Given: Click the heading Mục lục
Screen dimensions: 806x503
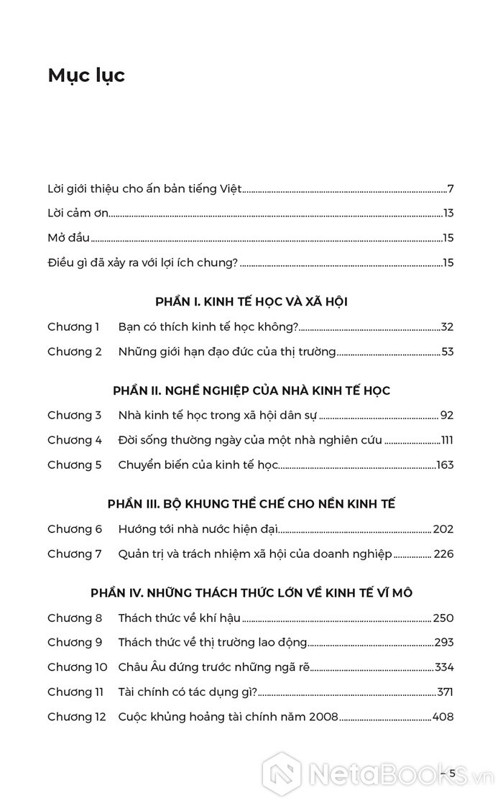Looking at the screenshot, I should pos(86,75).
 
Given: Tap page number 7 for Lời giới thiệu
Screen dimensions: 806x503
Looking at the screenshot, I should pos(451,190).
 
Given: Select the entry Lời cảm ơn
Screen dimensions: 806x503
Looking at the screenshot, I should pos(78,214).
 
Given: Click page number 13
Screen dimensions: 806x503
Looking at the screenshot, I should pos(448,214).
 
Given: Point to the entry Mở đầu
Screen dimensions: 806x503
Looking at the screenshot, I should pos(68,238).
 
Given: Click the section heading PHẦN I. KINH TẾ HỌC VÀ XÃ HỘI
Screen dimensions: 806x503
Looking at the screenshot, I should pos(251,302).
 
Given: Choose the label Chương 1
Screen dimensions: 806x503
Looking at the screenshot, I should pos(74,327).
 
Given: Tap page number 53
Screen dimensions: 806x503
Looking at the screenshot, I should pos(447,352).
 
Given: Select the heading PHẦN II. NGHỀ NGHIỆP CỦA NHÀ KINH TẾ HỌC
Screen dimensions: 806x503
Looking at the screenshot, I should pos(251,390).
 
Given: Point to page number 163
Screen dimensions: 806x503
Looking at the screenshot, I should pos(445,465).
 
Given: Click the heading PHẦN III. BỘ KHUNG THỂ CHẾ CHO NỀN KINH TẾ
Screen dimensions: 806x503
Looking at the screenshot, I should pos(251,504).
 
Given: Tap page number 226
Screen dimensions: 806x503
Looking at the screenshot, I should pos(443,554).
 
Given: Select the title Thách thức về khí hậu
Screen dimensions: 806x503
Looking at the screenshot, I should pos(179,618).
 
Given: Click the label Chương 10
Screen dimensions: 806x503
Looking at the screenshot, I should pos(77,667).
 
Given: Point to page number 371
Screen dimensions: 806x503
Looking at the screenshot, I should pos(445,692).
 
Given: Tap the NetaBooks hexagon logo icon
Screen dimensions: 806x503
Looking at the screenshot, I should pos(281,773).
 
